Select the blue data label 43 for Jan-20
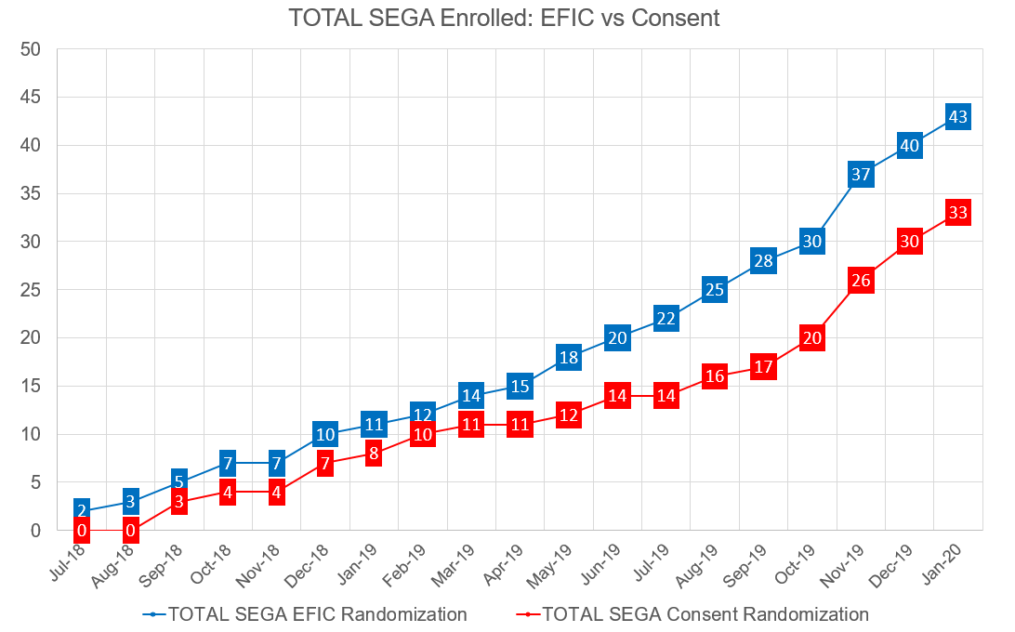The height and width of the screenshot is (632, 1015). click(958, 117)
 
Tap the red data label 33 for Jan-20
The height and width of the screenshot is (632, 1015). click(958, 213)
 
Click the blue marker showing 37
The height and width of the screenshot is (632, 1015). click(861, 175)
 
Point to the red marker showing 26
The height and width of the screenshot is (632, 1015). click(861, 281)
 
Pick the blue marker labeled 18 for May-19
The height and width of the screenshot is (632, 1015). click(569, 357)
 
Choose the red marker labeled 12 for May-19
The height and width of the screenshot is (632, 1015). click(569, 415)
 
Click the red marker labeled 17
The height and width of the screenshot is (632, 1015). click(763, 367)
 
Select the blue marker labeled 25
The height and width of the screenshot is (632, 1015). click(715, 290)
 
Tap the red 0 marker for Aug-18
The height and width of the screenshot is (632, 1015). click(131, 531)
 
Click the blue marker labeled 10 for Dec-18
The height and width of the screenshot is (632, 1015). click(325, 434)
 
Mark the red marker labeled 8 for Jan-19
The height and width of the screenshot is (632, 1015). click(374, 454)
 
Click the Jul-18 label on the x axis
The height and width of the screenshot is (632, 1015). click(67, 561)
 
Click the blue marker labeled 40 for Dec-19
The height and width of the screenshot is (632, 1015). click(910, 146)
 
